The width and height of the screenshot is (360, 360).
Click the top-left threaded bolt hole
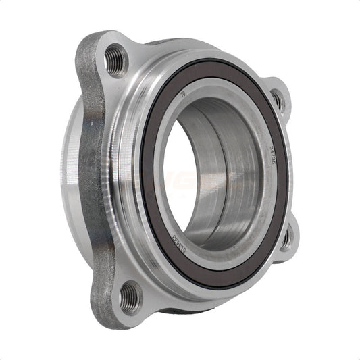click(116, 59)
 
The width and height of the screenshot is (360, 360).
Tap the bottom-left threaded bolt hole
click(130, 295)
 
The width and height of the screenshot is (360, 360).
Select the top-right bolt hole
click(277, 100)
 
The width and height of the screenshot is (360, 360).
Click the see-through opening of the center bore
click(177, 182)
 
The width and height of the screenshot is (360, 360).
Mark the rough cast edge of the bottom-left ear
click(101, 297)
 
